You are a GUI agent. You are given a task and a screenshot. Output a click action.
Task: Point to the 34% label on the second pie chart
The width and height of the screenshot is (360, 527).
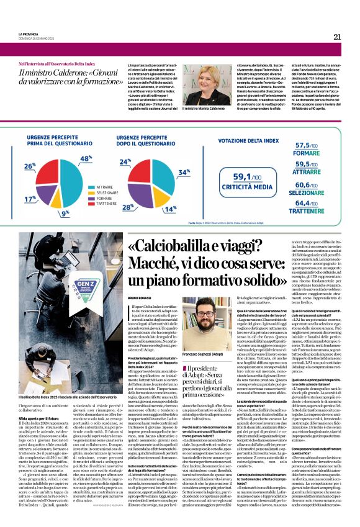184,172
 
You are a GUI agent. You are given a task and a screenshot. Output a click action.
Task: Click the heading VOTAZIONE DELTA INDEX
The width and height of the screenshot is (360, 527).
255,140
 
